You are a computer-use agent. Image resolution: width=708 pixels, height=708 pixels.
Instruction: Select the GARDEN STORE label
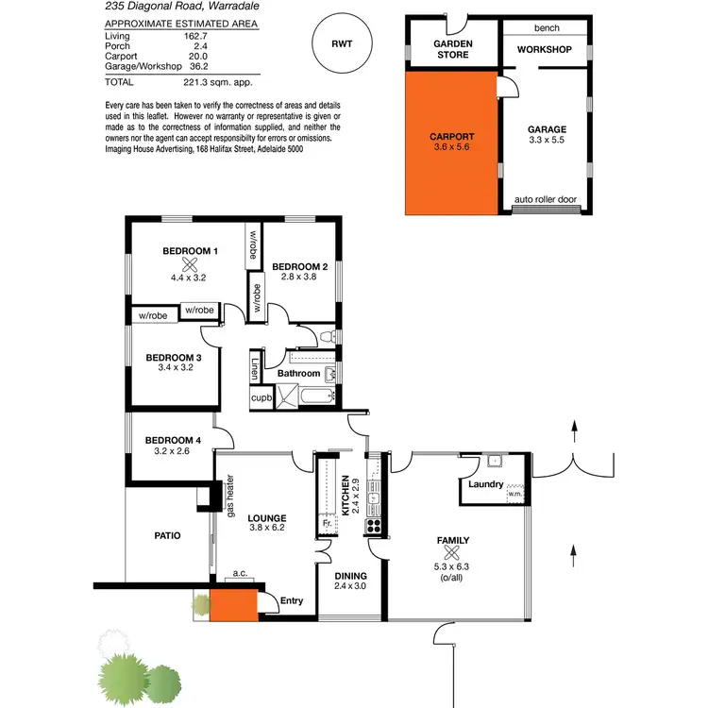pyautogui.click(x=452, y=49)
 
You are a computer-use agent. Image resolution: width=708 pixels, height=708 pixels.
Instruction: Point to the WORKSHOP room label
pyautogui.click(x=545, y=49)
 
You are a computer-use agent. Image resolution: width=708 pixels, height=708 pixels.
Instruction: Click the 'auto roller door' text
pyautogui.click(x=546, y=200)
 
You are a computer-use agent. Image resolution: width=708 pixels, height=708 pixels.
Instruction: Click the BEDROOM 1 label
pyautogui.click(x=190, y=251)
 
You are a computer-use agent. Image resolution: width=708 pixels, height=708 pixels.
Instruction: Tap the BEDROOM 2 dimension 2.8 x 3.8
pyautogui.click(x=300, y=278)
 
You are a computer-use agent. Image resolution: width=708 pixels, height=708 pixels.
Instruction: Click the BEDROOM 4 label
pyautogui.click(x=173, y=440)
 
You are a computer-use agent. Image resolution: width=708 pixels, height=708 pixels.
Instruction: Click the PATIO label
pyautogui.click(x=167, y=535)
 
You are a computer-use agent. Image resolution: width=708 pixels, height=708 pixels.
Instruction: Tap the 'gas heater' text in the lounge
pyautogui.click(x=229, y=495)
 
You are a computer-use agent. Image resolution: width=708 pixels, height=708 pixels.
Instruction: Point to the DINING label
pyautogui.click(x=349, y=576)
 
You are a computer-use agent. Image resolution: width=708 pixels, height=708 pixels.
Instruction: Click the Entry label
pyautogui.click(x=293, y=599)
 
